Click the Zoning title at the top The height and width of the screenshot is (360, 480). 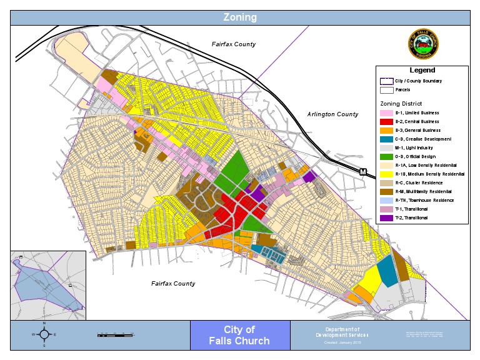click(x=240, y=17)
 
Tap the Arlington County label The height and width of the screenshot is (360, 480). click(x=332, y=114)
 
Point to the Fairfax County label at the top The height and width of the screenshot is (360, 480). click(x=234, y=44)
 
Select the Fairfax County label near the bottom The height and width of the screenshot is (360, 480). click(x=173, y=283)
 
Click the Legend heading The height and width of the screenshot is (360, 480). click(x=422, y=71)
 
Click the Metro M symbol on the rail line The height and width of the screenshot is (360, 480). click(x=362, y=171)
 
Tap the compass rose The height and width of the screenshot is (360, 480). click(x=44, y=334)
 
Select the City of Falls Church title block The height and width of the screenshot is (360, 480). click(x=240, y=336)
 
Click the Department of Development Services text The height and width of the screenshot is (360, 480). click(x=337, y=332)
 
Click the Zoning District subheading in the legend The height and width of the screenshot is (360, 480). click(x=401, y=103)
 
